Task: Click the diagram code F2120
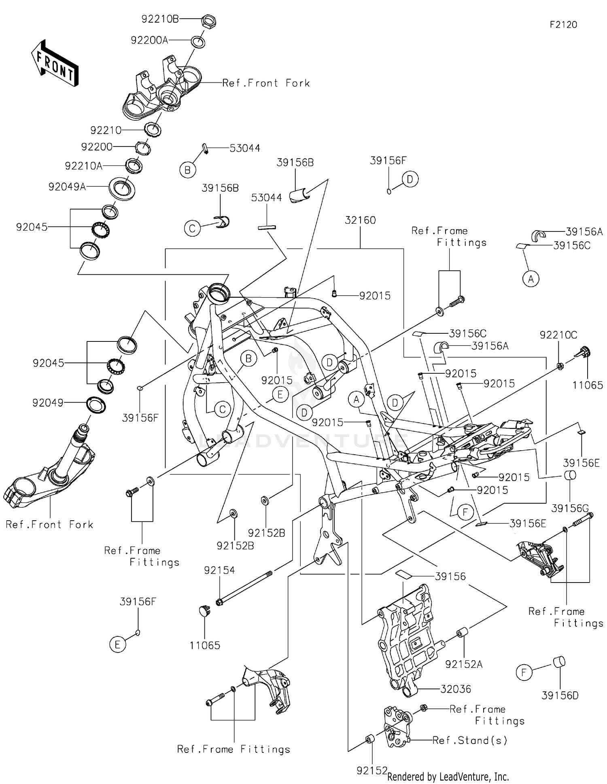(x=563, y=25)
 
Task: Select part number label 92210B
(x=160, y=19)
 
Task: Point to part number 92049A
(x=67, y=186)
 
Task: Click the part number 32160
(x=360, y=220)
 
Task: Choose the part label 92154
(x=219, y=570)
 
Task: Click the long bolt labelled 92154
(x=245, y=587)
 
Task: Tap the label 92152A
(x=464, y=664)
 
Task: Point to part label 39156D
(x=560, y=695)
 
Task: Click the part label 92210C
(x=558, y=335)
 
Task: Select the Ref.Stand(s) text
(x=470, y=740)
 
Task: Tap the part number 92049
(x=48, y=403)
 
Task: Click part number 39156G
(x=570, y=508)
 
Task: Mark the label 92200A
(x=149, y=40)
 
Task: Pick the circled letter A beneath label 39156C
(x=531, y=279)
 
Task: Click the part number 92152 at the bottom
(x=372, y=771)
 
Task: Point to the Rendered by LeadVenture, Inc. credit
(x=448, y=777)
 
